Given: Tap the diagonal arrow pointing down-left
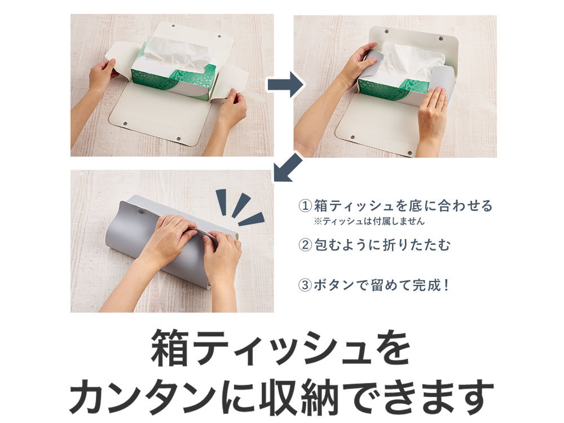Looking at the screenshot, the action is [x=288, y=168].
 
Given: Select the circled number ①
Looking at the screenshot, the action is [x=305, y=206].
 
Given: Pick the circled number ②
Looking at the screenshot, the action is [x=305, y=245].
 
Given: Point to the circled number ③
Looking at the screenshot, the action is [x=305, y=285].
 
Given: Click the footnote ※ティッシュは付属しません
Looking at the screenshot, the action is [x=369, y=221].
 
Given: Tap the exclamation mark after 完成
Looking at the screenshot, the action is [x=446, y=285].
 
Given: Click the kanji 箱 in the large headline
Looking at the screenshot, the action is [x=170, y=348].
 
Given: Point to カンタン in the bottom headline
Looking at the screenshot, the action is [x=143, y=397].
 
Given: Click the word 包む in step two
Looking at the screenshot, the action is [x=328, y=245].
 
